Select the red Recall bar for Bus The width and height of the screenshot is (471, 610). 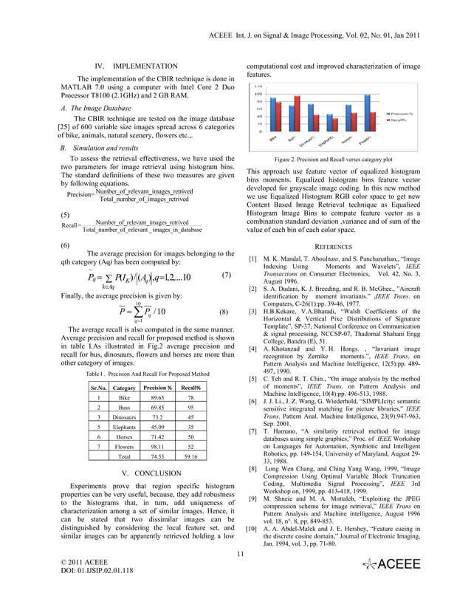click(x=297, y=114)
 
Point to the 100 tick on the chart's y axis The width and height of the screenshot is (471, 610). click(x=258, y=94)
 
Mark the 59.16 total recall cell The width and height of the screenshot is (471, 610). click(x=190, y=458)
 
